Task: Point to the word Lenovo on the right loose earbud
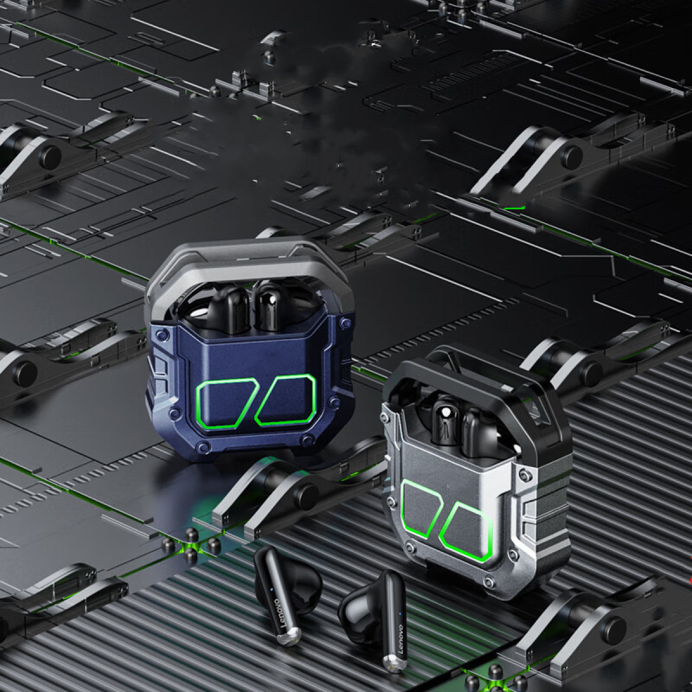(x=401, y=640)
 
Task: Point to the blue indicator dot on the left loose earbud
(x=271, y=589)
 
